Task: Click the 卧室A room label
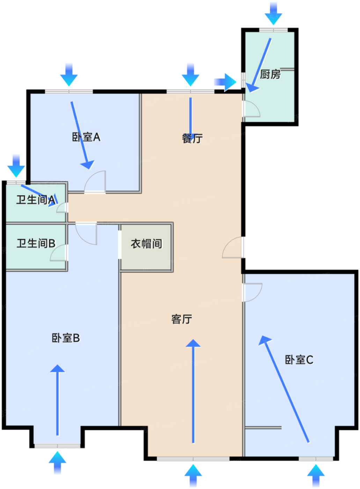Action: tap(86, 137)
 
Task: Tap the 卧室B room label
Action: tap(66, 338)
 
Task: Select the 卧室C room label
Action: tap(299, 360)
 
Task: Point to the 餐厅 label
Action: tap(192, 138)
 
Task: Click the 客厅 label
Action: tap(182, 319)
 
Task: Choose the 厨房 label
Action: tap(270, 74)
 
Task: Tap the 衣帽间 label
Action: tap(146, 244)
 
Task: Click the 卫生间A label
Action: tap(36, 200)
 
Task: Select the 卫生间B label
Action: tap(36, 243)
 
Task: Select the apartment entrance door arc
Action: tap(228, 243)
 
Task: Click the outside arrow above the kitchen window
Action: tap(273, 14)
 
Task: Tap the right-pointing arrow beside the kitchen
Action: tap(225, 82)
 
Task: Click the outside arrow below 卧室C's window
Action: tap(316, 476)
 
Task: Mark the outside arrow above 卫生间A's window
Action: tap(16, 166)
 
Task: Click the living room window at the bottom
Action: tap(193, 459)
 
